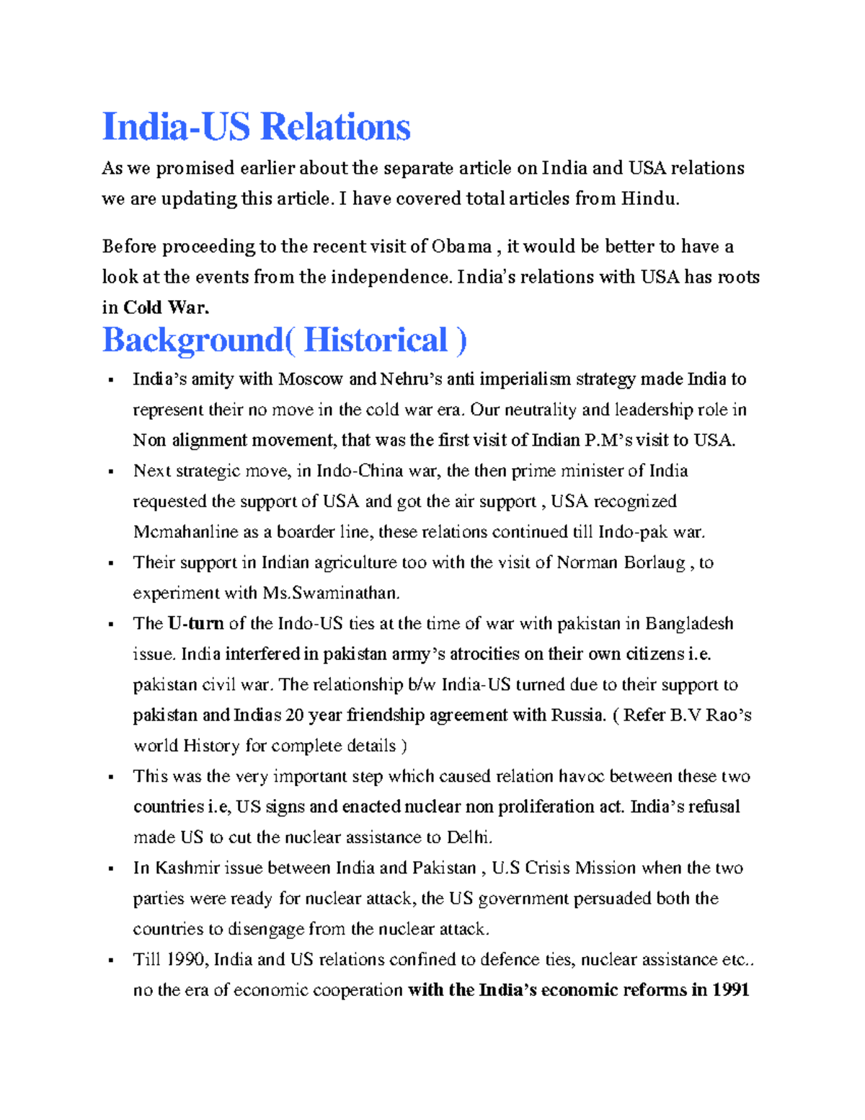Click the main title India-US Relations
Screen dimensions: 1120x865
point(256,127)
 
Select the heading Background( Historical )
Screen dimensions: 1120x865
point(284,340)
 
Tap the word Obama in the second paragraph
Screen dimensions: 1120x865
point(461,247)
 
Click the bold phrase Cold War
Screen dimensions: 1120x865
point(166,308)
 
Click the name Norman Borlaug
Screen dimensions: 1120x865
point(621,563)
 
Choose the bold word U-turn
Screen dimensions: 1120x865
point(195,624)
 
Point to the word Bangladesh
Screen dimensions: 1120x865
point(689,624)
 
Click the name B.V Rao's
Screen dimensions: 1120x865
point(711,715)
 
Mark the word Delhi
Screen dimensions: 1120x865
point(469,837)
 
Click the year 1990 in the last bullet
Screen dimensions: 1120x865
point(187,960)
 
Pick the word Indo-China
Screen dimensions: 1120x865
point(360,471)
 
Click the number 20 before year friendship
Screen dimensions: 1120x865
point(295,715)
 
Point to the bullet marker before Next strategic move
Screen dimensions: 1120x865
point(110,472)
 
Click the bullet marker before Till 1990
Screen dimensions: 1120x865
point(110,961)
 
